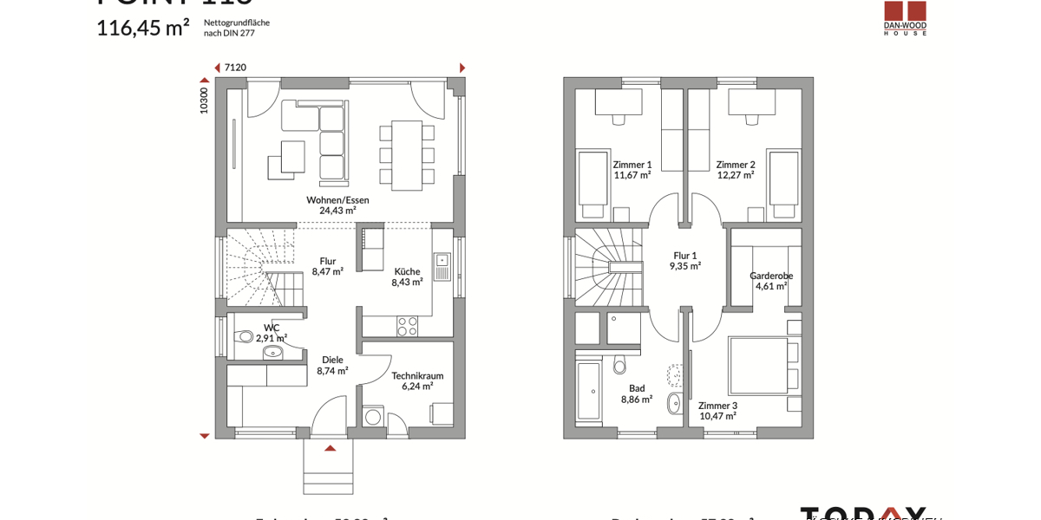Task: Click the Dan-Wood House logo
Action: [x=905, y=17]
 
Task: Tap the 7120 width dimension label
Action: [x=235, y=68]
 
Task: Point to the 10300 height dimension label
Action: [x=204, y=100]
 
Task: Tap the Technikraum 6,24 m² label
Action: [x=417, y=380]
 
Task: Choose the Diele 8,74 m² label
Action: [x=332, y=365]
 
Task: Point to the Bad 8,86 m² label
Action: [x=637, y=394]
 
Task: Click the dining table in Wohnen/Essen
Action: [x=406, y=155]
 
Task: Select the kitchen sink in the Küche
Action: [x=442, y=266]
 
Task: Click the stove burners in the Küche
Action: [x=407, y=326]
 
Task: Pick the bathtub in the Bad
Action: [x=589, y=391]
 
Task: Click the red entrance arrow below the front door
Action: [x=330, y=448]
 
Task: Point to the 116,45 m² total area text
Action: [x=142, y=28]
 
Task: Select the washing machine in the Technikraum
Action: [x=373, y=417]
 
